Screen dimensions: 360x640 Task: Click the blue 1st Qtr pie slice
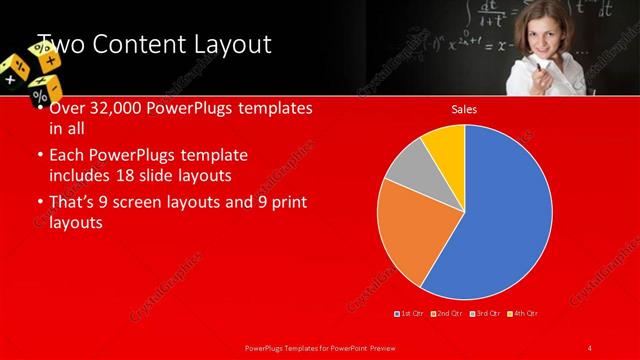[x=495, y=215]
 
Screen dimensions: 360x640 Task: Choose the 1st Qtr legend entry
[x=411, y=314]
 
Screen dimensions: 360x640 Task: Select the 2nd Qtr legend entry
[x=447, y=314]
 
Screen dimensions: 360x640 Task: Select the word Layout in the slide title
[x=231, y=44]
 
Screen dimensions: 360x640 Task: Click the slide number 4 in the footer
[x=590, y=347]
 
